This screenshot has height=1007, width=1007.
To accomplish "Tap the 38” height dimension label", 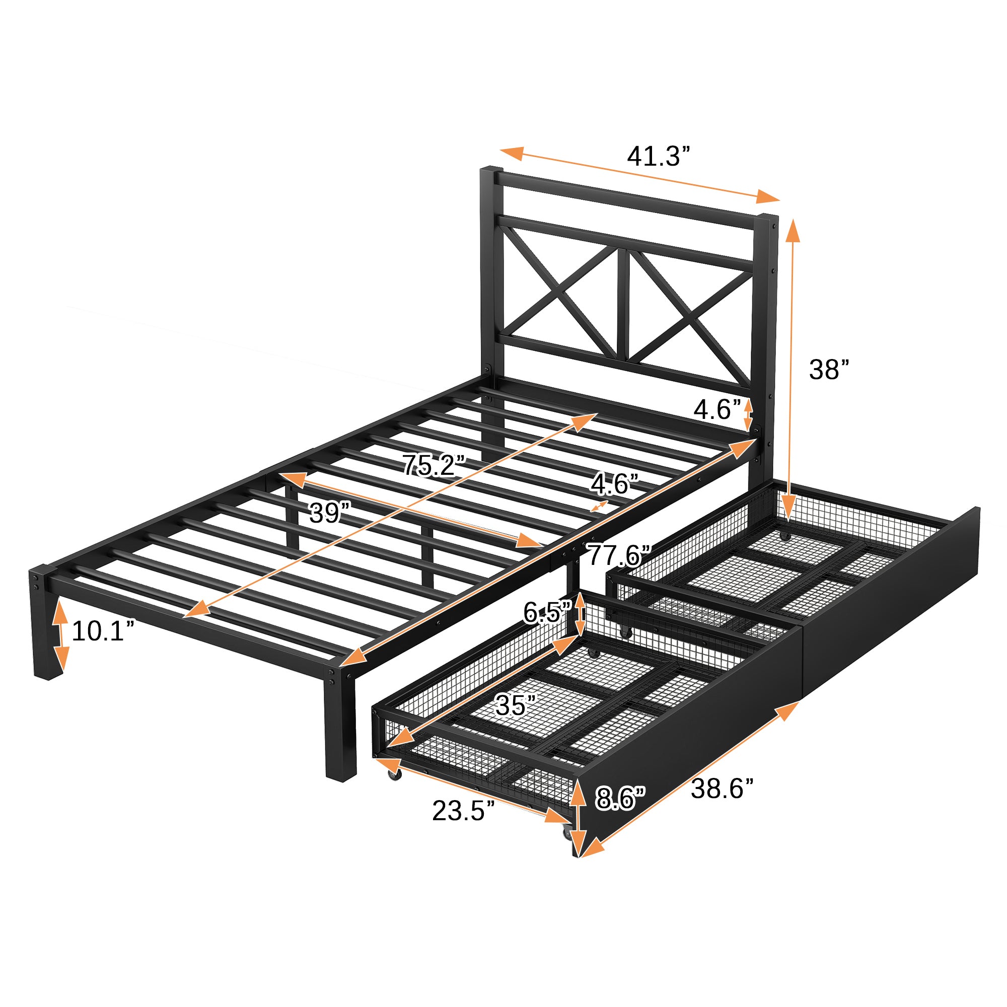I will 829,370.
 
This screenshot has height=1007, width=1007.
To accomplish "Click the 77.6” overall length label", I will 619,555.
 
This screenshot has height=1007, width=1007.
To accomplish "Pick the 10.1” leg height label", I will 103,631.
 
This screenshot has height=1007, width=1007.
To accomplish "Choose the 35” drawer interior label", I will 516,706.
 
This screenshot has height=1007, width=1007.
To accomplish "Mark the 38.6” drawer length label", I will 722,788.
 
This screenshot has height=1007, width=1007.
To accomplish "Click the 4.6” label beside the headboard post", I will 717,410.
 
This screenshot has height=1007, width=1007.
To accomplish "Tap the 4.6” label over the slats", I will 614,484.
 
